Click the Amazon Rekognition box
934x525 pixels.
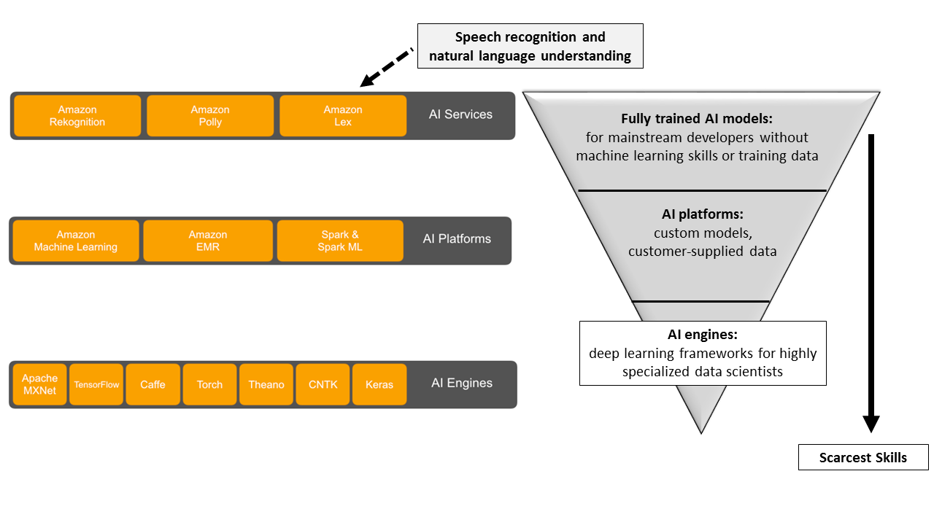[x=77, y=116]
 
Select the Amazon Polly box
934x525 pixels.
[x=210, y=116]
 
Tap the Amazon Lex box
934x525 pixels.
[x=343, y=116]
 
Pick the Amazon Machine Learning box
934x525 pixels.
[x=75, y=241]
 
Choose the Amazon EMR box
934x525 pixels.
[x=208, y=241]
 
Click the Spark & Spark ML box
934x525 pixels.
[x=340, y=241]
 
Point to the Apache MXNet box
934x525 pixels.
[x=39, y=384]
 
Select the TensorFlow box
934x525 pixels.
[x=96, y=384]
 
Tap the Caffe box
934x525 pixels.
[x=153, y=384]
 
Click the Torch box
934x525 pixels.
[x=209, y=384]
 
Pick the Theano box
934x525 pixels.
[x=266, y=384]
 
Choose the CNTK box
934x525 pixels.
[x=323, y=384]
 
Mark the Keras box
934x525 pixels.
[x=379, y=384]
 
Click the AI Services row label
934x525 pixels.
[x=460, y=114]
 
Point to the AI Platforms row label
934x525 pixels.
[x=457, y=238]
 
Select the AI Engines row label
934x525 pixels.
[x=462, y=383]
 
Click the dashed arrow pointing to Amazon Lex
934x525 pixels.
[x=387, y=68]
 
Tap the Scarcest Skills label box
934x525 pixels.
[x=863, y=457]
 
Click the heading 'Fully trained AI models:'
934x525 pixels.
[x=697, y=119]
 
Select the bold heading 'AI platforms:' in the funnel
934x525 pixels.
[x=702, y=214]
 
